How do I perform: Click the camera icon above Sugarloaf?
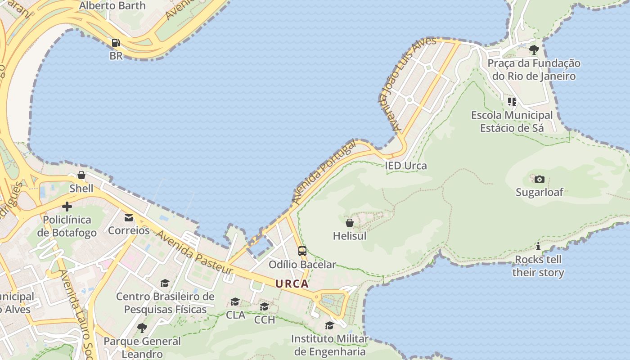point(539,179)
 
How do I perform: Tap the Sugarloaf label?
point(539,192)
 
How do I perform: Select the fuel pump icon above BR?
point(116,43)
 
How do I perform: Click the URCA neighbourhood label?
point(292,284)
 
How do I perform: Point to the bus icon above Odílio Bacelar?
point(302,251)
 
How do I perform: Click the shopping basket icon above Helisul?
point(350,222)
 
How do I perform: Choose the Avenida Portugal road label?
point(324,172)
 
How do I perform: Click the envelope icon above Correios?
point(129,218)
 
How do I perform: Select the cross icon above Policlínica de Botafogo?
point(67,207)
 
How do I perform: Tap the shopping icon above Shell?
point(81,175)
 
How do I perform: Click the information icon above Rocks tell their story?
point(538,246)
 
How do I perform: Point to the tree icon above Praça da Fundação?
point(534,49)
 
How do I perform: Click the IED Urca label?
point(406,166)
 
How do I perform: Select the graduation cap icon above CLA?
point(235,301)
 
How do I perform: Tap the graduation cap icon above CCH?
point(264,306)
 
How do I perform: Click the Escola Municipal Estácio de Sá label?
point(512,121)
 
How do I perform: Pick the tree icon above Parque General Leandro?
point(142,328)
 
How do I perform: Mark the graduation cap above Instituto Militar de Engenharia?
point(330,325)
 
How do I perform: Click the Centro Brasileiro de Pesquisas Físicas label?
point(165,303)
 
